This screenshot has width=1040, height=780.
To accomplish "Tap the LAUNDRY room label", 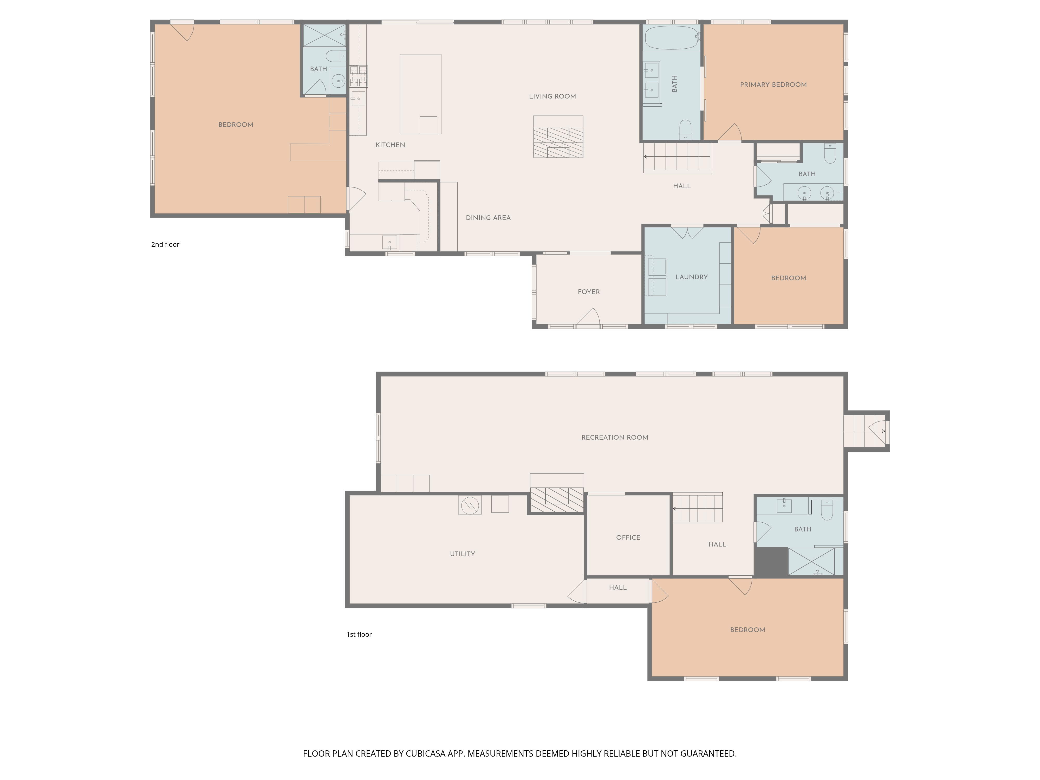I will pos(691,277).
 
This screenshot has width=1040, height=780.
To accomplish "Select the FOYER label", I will pos(589,292).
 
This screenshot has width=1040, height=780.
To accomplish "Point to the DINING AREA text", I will pos(488,218).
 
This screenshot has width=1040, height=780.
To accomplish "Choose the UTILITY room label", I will pos(462,554).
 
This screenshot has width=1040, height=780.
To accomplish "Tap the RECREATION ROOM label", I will pos(614,437).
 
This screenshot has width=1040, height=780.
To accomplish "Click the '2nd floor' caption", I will pos(165,244).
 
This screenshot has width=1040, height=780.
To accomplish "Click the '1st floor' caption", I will pos(359,634).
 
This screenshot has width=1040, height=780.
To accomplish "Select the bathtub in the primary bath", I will pos(671,38).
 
